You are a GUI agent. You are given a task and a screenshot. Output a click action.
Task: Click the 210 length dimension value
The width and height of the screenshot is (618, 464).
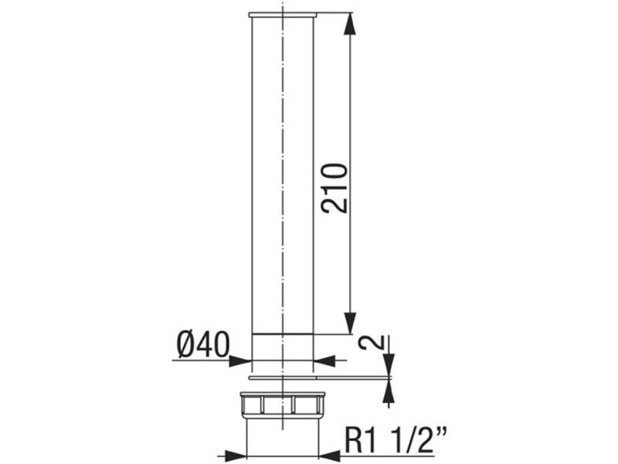click(x=335, y=188)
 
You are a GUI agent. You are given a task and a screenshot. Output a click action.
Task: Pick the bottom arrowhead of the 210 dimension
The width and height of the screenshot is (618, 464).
click(x=350, y=323)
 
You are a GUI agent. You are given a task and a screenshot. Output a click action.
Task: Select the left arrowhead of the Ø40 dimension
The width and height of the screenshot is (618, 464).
click(x=241, y=360)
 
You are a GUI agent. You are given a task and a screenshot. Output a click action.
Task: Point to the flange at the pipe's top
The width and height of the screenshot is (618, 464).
click(x=283, y=15)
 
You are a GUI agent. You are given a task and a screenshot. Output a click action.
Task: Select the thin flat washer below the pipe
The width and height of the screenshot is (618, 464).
click(x=283, y=378)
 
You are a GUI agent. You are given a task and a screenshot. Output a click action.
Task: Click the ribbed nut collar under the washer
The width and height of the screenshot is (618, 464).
click(x=283, y=404)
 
